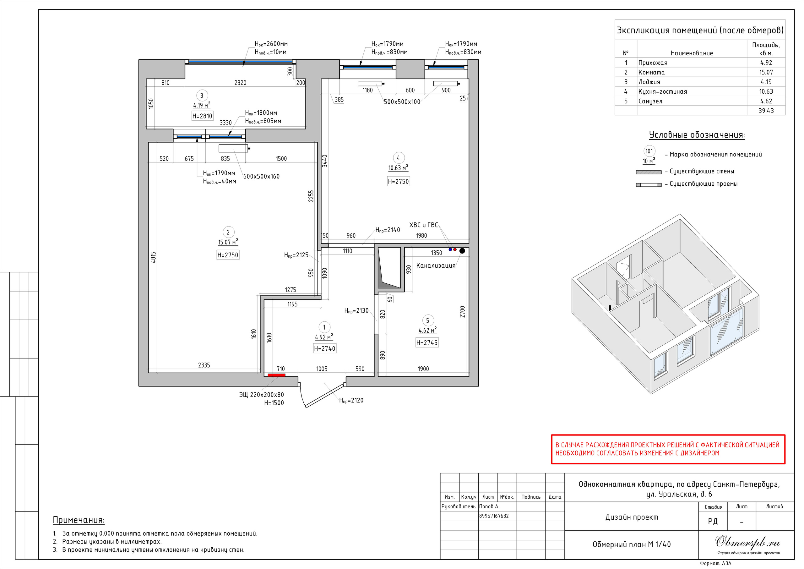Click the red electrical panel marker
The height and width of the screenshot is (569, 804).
(276, 375)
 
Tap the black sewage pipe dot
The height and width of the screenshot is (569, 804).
(462, 251)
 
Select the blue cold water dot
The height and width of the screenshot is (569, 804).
(450, 249)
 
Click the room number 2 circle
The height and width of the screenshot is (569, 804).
(228, 232)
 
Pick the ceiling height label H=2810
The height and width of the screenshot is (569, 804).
(202, 116)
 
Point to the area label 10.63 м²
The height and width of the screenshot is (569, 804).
(398, 168)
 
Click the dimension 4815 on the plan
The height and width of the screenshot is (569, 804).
(153, 258)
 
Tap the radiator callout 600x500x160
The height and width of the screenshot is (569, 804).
(261, 176)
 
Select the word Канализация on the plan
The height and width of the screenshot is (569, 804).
(436, 265)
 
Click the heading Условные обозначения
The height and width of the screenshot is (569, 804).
(697, 135)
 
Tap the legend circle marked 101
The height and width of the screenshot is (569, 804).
(649, 151)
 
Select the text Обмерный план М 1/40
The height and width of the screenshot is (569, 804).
(631, 544)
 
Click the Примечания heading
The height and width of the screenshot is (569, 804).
(79, 520)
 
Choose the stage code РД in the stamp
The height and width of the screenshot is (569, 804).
(713, 521)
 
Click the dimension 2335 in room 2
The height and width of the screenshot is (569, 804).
(204, 365)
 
